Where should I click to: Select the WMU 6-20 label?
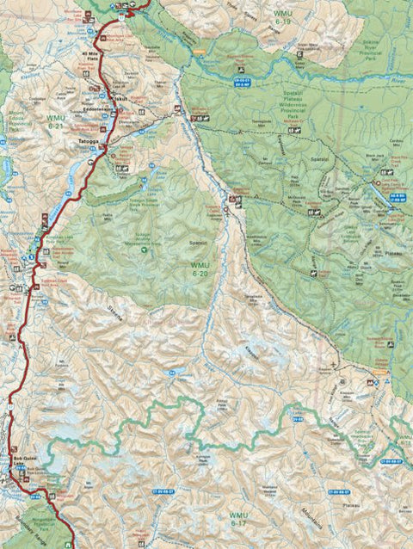click(x=199, y=269)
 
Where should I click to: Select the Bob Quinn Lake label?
click(x=18, y=460)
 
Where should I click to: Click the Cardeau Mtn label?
click(x=397, y=141)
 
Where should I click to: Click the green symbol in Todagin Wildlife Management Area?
click(x=144, y=250)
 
